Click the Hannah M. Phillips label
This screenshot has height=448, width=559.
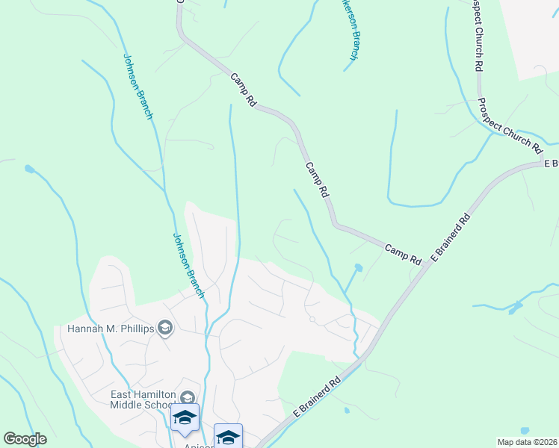pyautogui.click(x=110, y=328)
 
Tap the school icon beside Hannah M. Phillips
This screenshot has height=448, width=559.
pyautogui.click(x=165, y=328)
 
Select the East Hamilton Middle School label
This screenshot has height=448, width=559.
pyautogui.click(x=143, y=400)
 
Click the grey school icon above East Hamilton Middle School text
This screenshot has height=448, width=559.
pyautogui.click(x=188, y=398)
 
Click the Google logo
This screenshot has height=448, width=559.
pyautogui.click(x=25, y=439)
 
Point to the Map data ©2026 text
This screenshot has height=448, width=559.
pyautogui.click(x=527, y=442)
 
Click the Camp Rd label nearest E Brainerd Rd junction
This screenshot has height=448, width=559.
pyautogui.click(x=404, y=253)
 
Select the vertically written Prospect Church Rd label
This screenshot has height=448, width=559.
pyautogui.click(x=475, y=36)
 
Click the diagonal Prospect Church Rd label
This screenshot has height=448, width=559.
pyautogui.click(x=509, y=125)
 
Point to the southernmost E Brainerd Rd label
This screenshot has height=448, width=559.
pyautogui.click(x=317, y=396)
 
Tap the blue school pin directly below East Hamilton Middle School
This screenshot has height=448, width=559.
pyautogui.click(x=185, y=418)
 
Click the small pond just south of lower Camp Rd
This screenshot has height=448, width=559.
pyautogui.click(x=358, y=267)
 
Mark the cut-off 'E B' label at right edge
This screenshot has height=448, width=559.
pyautogui.click(x=552, y=164)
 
